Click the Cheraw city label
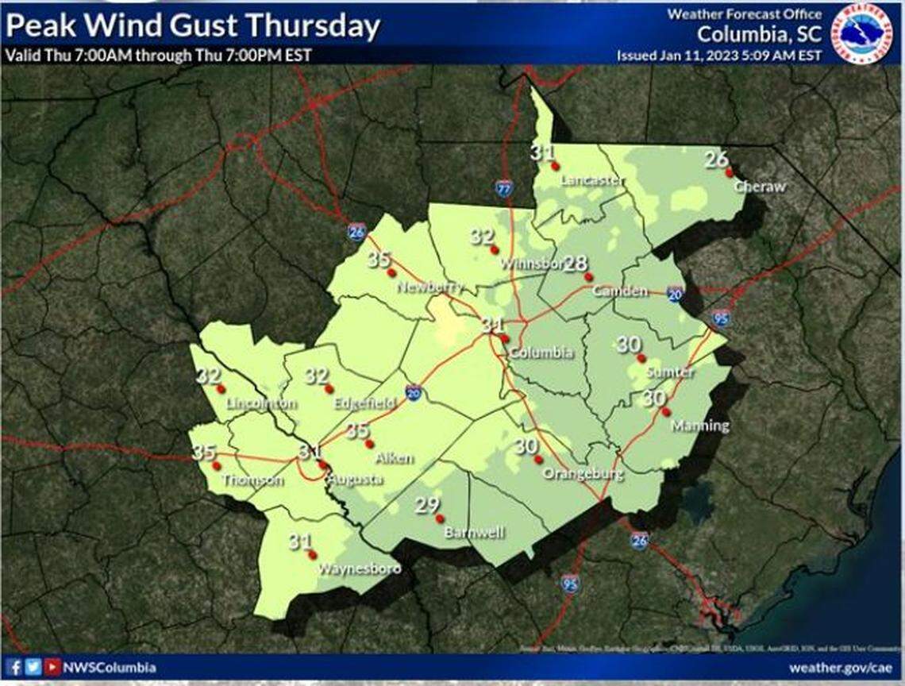coord(759,187)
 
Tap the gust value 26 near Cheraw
coord(715,160)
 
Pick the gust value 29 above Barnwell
coord(426,506)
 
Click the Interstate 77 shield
coord(504,188)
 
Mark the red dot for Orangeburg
coord(538,459)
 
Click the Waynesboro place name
coord(359,568)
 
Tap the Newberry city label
coord(429,287)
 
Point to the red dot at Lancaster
coord(556,166)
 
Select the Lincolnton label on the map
coord(261,403)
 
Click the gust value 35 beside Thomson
coord(203,453)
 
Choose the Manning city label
coord(699,426)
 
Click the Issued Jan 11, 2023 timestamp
coord(718,56)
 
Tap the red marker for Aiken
coord(368,443)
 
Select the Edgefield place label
coord(364,403)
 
